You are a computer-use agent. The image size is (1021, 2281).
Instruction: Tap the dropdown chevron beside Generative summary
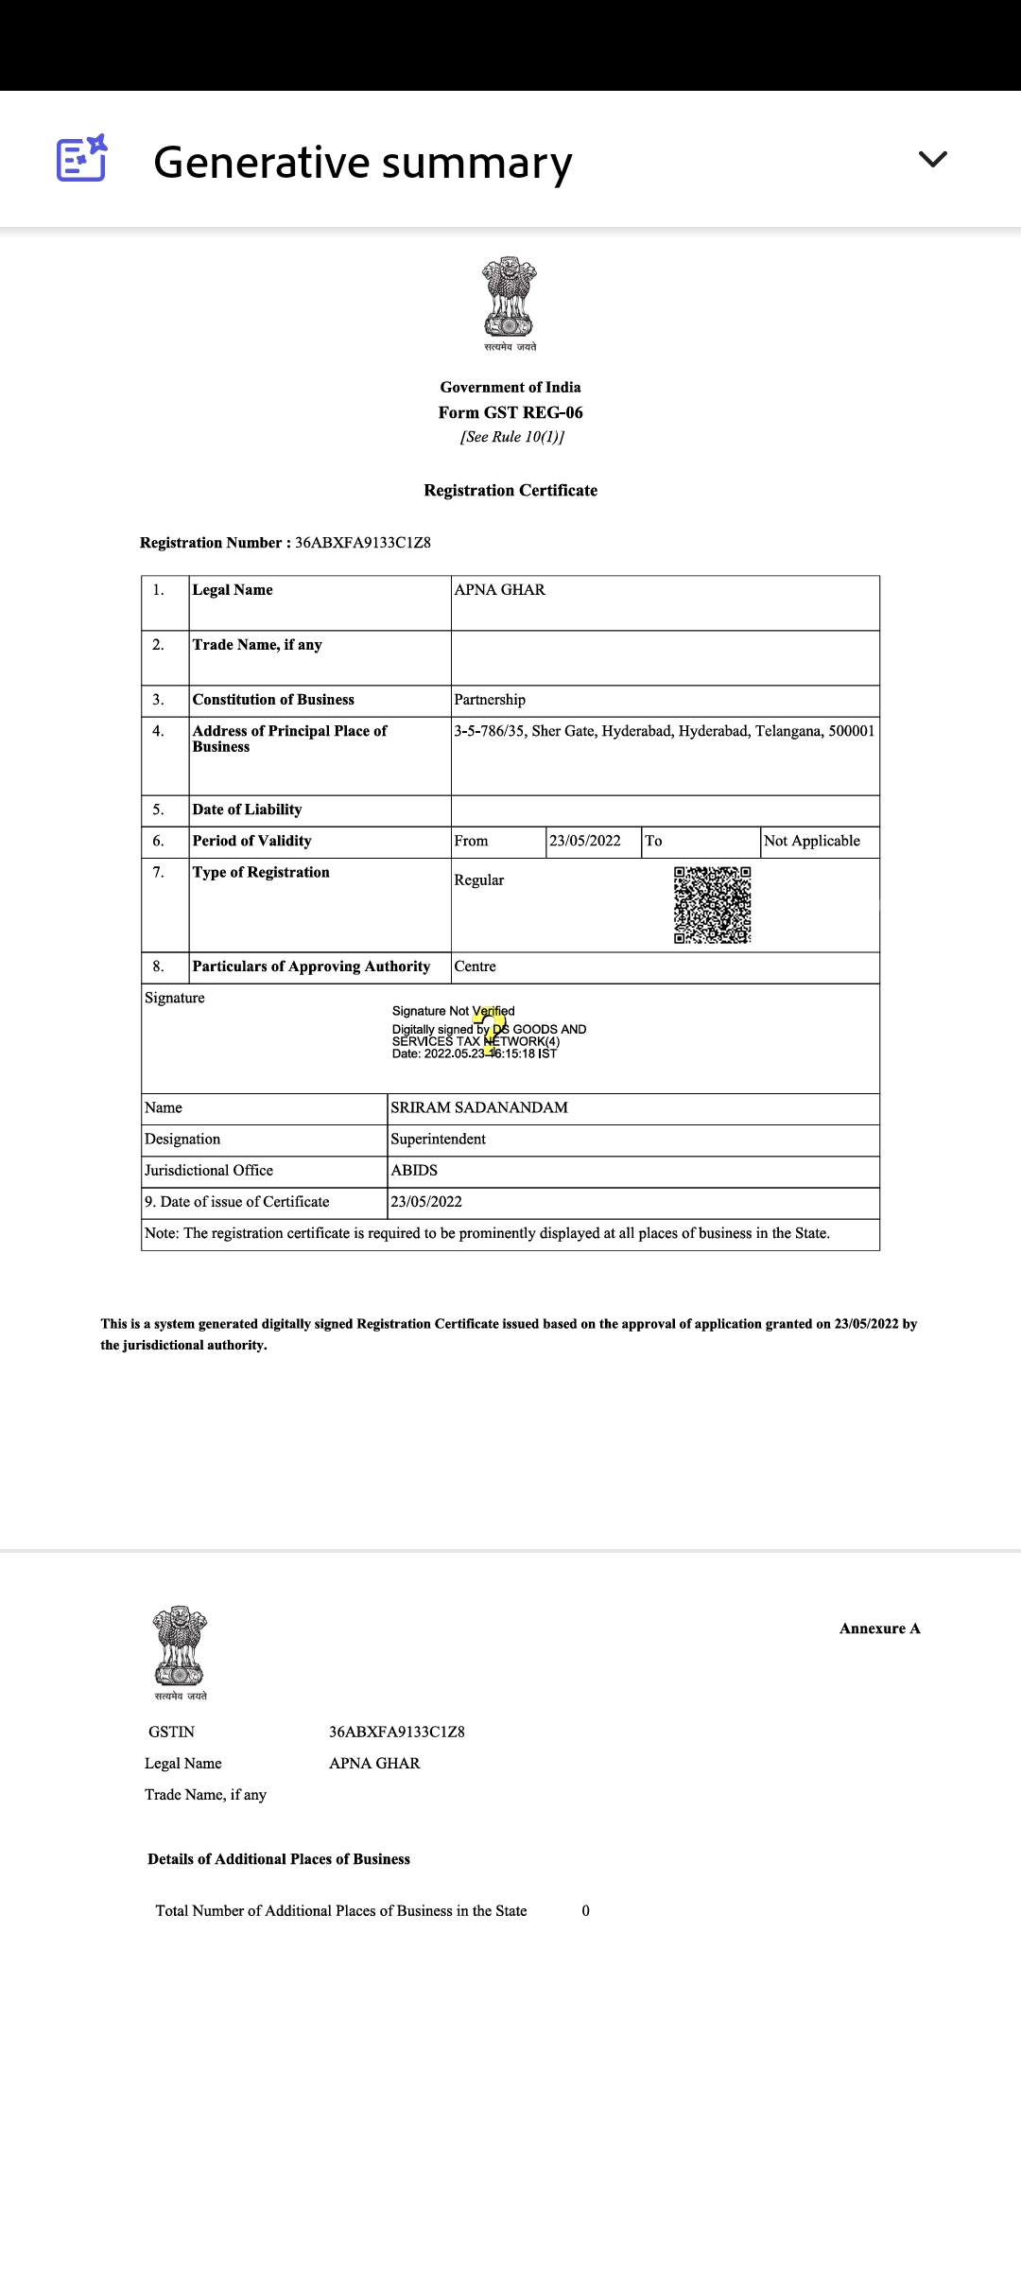932,159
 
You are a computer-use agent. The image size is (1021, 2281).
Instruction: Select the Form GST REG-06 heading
510,412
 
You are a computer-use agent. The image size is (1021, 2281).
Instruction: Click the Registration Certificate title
510,490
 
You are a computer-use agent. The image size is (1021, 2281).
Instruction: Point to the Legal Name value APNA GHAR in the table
500,590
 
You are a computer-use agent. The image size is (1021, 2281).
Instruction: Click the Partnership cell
490,700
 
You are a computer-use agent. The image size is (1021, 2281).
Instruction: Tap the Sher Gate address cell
664,731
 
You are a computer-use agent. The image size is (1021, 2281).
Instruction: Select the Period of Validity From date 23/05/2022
585,841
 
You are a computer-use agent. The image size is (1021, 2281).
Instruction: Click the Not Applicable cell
812,841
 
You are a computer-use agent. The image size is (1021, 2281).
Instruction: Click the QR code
712,905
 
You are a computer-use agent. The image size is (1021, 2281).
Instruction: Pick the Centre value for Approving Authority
476,966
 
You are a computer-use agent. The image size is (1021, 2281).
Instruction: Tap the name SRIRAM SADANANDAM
479,1107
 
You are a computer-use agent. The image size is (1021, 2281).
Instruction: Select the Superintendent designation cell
439,1139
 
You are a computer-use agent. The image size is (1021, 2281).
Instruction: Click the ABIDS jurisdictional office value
414,1170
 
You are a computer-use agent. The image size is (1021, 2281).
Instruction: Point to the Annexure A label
879,1628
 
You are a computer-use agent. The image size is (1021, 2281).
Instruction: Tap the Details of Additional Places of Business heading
279,1858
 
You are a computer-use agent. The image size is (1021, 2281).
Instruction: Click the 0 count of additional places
586,1910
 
